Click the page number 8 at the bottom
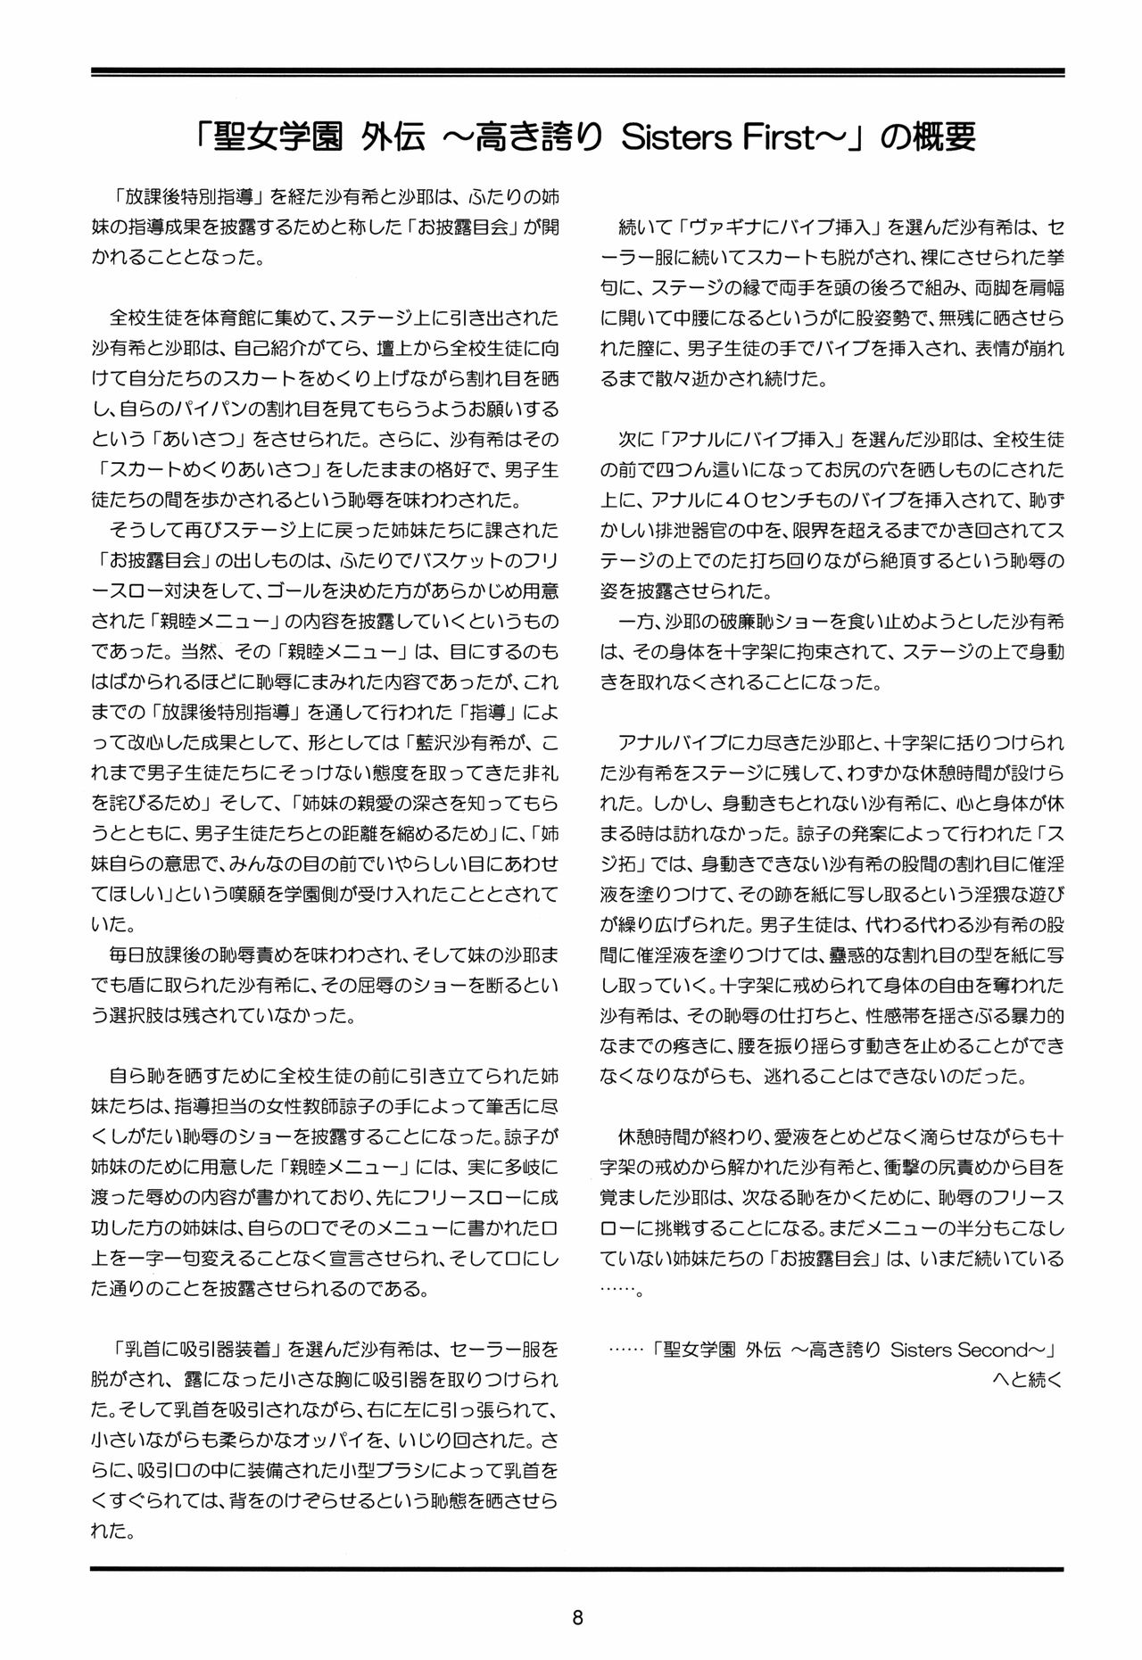[577, 1617]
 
